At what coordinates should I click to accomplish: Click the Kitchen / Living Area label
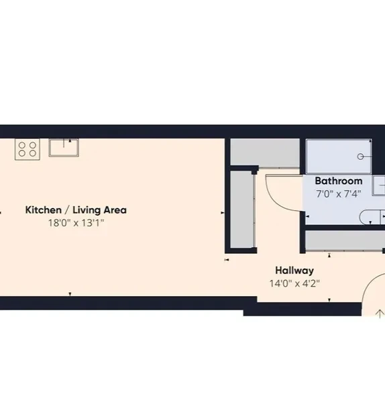click(x=76, y=210)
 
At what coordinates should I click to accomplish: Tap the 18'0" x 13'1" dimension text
click(x=76, y=223)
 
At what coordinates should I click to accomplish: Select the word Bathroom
click(x=339, y=181)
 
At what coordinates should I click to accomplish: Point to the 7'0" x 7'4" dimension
click(x=339, y=193)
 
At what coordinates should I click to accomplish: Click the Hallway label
click(x=294, y=271)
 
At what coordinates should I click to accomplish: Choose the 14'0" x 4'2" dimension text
click(x=294, y=283)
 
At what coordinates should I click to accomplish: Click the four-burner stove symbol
click(x=27, y=149)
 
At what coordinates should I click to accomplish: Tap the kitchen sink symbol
click(x=64, y=148)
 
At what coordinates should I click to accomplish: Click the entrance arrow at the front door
click(x=380, y=314)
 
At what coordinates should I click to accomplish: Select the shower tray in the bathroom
click(x=339, y=156)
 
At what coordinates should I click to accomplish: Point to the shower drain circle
click(x=360, y=156)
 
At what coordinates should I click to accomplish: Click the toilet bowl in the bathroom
click(x=370, y=218)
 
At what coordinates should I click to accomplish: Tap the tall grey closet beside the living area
click(x=242, y=210)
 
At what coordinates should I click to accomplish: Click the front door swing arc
click(x=368, y=283)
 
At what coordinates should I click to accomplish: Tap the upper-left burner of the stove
click(x=22, y=145)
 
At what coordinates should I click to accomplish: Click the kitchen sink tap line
click(x=64, y=143)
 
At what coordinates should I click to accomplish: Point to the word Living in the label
click(x=86, y=210)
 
